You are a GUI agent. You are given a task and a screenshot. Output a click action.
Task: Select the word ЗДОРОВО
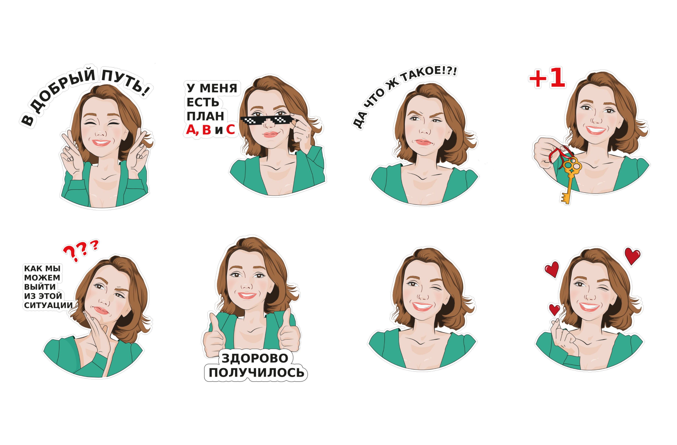point(255,358)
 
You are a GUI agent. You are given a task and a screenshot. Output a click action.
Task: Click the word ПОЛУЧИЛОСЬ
point(256,373)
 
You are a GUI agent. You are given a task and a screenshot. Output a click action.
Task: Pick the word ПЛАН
point(205,116)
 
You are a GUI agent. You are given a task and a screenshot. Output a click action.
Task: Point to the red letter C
point(230,130)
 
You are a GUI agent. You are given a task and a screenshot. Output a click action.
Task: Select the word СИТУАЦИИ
point(48,305)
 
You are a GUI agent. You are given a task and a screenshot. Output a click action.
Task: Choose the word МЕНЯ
point(218,88)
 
